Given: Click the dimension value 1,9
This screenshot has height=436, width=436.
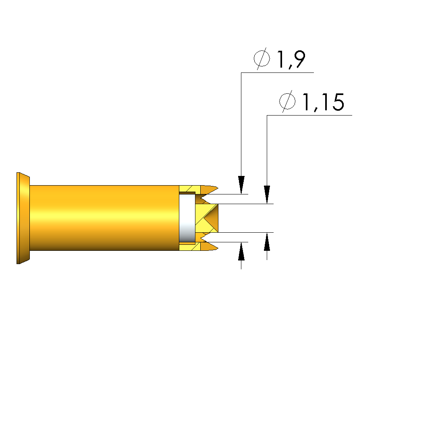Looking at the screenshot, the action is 291,59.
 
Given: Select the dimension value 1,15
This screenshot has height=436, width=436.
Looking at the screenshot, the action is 323,102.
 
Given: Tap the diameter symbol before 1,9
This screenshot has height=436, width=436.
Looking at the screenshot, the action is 262,59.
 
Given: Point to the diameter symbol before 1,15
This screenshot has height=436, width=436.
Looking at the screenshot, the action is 287,101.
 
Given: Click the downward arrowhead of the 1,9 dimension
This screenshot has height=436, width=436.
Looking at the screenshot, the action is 241,185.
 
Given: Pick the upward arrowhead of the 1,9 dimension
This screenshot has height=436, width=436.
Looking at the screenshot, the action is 241,251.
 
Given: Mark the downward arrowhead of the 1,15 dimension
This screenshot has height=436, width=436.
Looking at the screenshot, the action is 267,194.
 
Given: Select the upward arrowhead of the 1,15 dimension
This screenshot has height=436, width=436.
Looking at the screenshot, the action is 267,242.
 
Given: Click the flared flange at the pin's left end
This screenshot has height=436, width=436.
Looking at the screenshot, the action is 23,218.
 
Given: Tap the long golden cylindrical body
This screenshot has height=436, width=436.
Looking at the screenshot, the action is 104,218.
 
